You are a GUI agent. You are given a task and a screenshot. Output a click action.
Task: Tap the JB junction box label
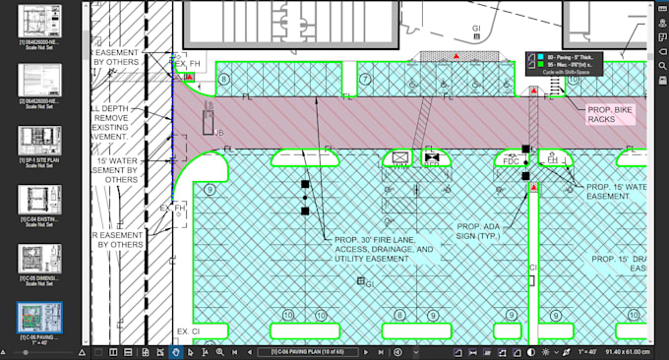point(218,131)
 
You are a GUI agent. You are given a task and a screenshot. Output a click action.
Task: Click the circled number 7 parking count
point(364,80)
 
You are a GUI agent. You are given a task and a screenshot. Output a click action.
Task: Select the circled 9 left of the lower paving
point(211,190)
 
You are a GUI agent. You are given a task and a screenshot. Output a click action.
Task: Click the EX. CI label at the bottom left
point(188,331)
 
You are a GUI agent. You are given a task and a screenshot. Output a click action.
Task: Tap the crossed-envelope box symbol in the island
point(399,157)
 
